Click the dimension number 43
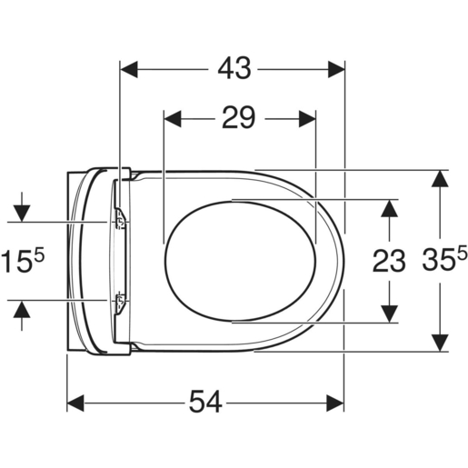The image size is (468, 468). tap(233, 68)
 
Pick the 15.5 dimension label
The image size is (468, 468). tap(25, 262)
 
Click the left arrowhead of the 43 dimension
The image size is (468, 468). tap(129, 69)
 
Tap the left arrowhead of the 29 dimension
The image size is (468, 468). tap(171, 118)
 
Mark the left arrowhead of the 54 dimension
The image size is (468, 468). tap(76, 402)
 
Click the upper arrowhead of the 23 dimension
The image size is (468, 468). tap(390, 207)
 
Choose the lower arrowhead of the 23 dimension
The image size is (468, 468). tap(390, 313)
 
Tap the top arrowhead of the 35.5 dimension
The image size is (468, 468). tap(440, 177)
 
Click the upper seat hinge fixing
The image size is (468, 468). tap(120, 219)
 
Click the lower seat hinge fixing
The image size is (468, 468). tap(120, 300)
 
